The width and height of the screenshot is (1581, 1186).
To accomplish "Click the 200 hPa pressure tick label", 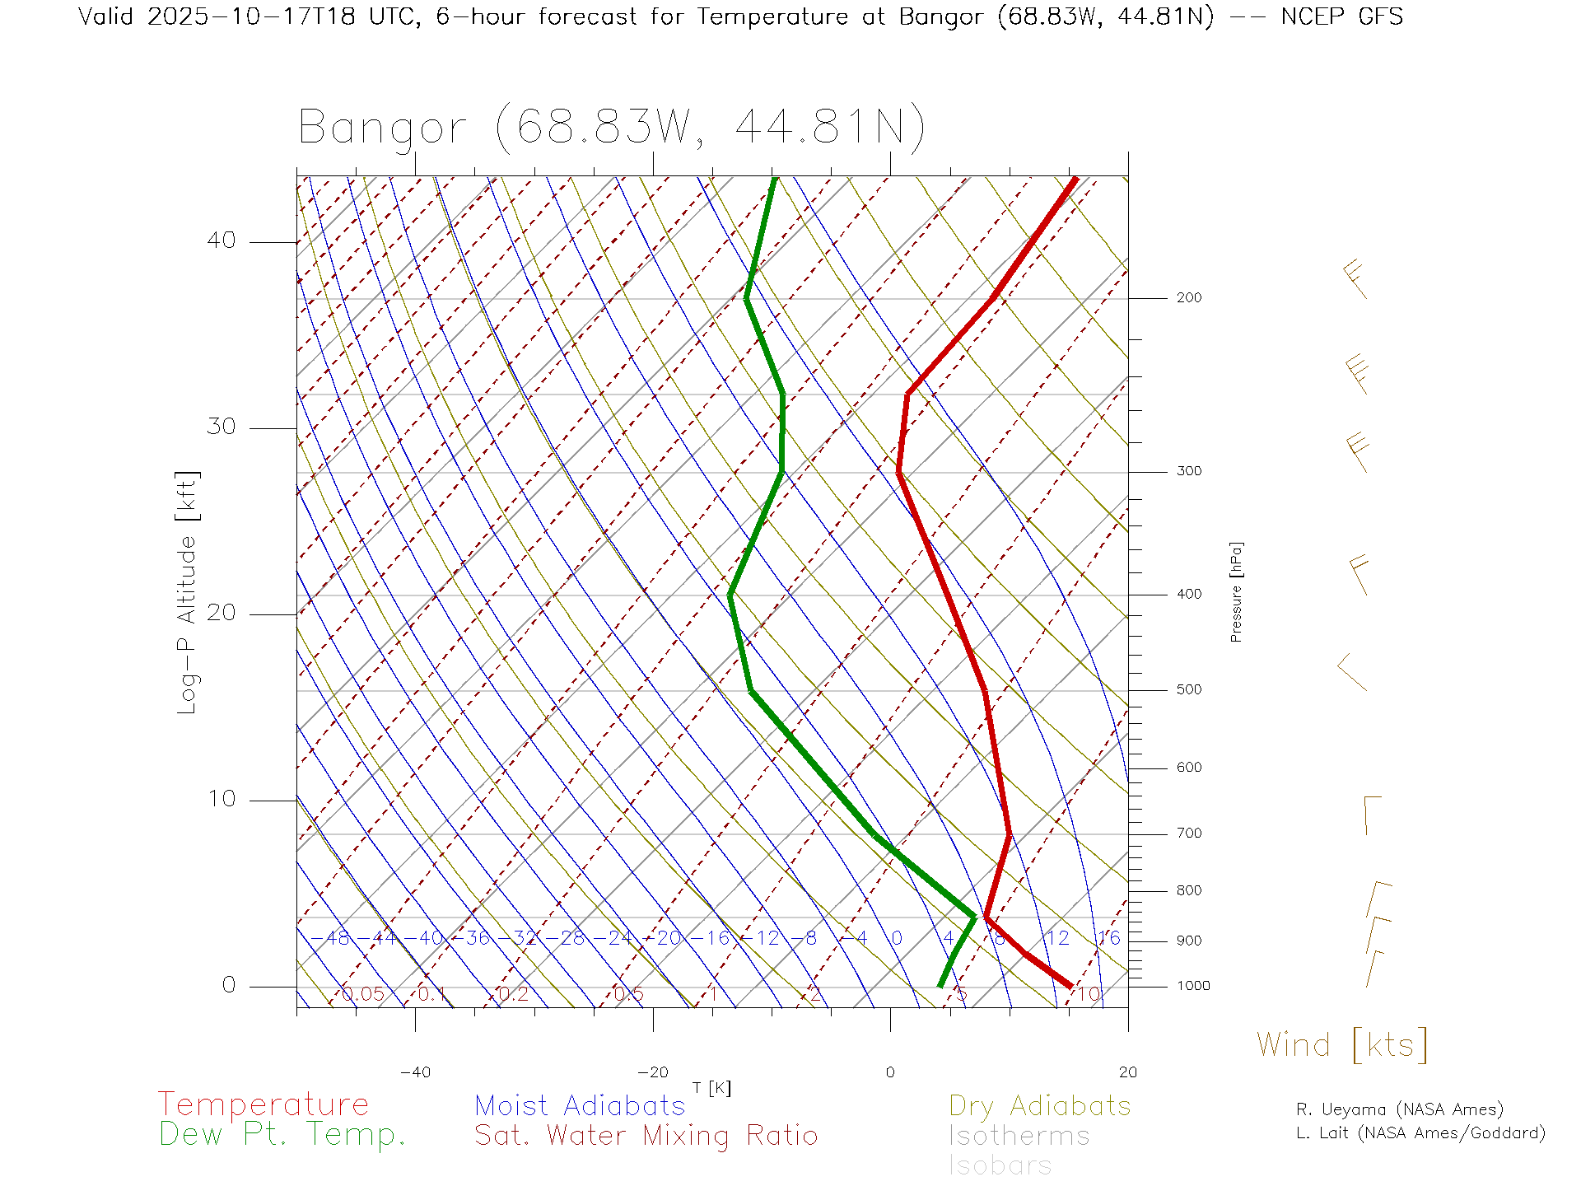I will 1188,298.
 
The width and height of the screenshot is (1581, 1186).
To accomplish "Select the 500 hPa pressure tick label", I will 1188,690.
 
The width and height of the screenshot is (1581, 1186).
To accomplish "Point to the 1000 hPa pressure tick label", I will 1192,987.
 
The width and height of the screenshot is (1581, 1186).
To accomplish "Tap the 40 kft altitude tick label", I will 221,240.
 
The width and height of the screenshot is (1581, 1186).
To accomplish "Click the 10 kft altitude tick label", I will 221,799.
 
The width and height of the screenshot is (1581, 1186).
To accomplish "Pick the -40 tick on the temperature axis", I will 415,1072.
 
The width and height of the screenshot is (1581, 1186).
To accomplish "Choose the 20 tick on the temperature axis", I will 1127,1072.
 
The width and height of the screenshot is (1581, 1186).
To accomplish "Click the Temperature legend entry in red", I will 263,1104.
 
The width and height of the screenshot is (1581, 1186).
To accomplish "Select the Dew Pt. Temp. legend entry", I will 282,1135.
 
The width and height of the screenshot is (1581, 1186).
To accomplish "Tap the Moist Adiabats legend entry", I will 580,1105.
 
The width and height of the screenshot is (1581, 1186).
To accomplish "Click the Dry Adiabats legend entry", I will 1039,1105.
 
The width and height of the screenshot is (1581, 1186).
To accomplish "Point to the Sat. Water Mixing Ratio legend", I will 646,1136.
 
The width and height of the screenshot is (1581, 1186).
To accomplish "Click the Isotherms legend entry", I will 1019,1136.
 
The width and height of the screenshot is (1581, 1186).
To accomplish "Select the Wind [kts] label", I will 1342,1045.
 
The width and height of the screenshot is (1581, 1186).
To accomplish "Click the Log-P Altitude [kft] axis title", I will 188,592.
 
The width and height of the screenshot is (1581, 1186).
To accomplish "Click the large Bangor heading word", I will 382,128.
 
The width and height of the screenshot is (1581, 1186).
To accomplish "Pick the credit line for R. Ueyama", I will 1399,1109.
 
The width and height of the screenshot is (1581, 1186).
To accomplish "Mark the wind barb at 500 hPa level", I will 1351,673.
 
